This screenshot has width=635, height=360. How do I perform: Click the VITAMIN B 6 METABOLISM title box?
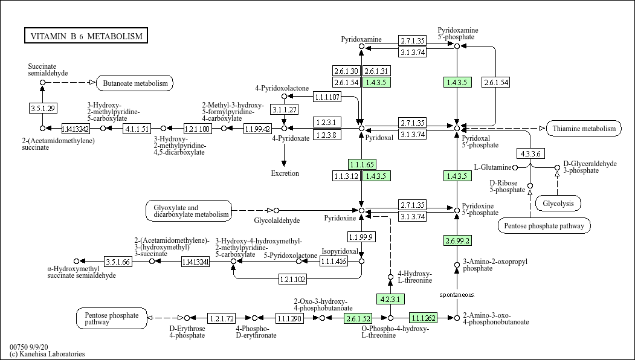[86, 36]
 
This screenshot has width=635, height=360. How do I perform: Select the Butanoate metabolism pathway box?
[135, 83]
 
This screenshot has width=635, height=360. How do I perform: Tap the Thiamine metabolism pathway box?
[584, 129]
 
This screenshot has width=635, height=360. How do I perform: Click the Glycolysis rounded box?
[558, 204]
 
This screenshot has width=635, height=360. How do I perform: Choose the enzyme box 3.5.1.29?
[42, 108]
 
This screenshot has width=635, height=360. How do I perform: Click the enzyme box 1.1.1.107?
[327, 97]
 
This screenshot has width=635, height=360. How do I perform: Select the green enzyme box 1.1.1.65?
[362, 164]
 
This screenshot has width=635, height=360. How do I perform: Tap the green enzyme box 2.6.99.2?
[457, 241]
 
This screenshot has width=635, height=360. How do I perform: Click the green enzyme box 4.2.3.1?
[390, 299]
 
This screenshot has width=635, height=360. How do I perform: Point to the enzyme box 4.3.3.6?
[530, 154]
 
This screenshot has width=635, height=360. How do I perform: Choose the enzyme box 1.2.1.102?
[292, 279]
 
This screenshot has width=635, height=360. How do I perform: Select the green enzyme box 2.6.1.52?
[358, 318]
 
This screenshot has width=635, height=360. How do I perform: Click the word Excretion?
[285, 173]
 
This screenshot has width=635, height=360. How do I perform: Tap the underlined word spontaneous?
[457, 294]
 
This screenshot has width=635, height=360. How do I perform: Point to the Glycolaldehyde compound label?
[277, 220]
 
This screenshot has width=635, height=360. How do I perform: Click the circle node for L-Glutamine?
[515, 167]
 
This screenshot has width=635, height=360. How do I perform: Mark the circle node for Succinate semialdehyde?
[42, 83]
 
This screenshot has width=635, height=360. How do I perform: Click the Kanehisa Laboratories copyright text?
[47, 354]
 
